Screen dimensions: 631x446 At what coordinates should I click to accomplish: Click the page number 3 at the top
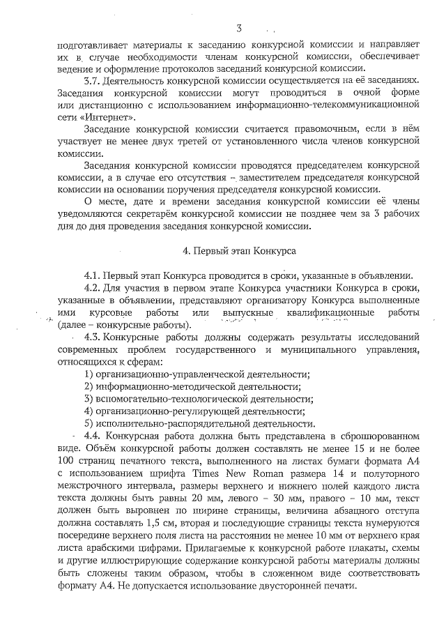pos(239,29)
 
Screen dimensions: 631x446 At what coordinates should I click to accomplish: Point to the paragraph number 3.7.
pos(94,81)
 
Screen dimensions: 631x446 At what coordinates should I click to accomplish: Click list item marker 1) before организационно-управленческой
pos(89,374)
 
